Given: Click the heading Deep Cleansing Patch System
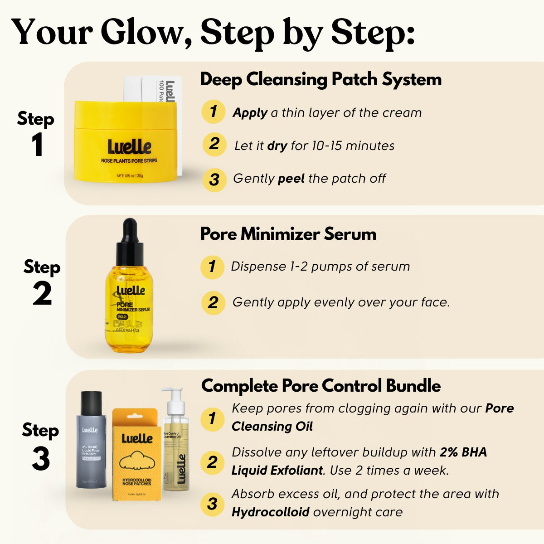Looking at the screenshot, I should (321, 79).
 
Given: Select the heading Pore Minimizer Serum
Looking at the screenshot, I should (288, 234).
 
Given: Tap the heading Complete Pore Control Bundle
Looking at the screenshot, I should (321, 386).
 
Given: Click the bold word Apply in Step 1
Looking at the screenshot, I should (249, 113).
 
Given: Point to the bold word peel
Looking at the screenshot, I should (291, 179).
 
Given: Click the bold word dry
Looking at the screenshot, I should (277, 146).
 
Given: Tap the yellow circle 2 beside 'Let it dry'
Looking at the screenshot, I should (214, 145).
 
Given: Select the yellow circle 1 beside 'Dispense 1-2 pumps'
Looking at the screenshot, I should (212, 267).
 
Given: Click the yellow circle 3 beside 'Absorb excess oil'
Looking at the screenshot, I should (212, 504).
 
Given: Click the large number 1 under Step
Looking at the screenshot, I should (37, 146).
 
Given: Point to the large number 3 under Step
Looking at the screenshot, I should (41, 459).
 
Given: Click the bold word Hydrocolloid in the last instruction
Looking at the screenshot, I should (270, 512).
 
